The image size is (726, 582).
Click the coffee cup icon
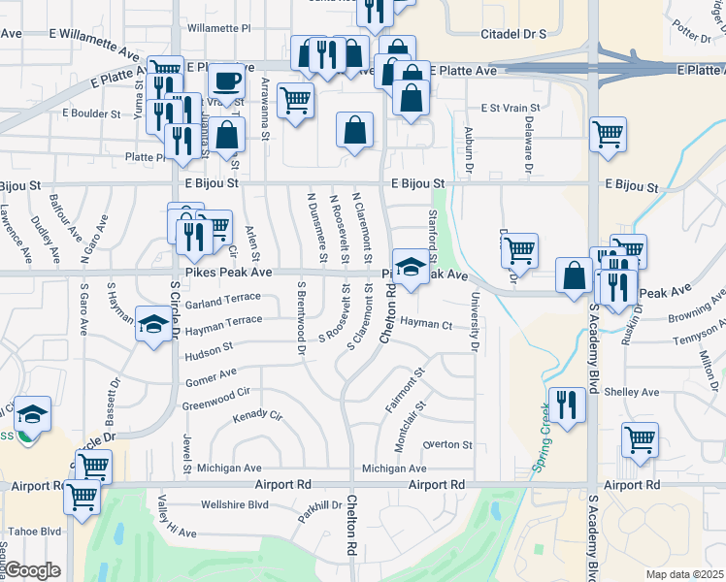pos(227,81)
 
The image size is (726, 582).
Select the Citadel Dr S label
pos(513,34)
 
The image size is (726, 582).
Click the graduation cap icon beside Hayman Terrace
pos(153,323)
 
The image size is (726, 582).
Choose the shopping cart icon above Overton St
pos(640,440)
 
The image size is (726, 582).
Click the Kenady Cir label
pos(257,417)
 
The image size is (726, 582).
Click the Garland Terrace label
pos(224,303)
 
